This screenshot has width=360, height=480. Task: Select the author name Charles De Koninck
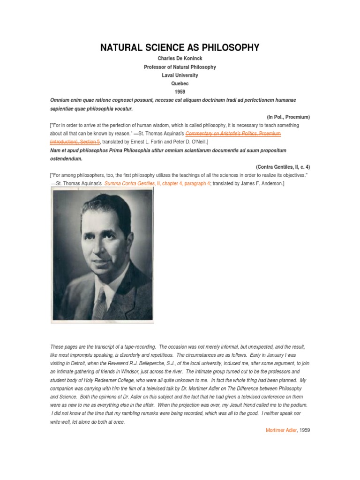[180, 59]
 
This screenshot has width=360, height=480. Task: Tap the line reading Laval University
[180, 75]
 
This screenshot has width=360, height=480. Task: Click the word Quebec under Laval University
[180, 84]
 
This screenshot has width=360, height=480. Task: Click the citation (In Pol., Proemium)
[288, 117]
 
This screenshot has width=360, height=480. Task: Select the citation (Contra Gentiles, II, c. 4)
[283, 167]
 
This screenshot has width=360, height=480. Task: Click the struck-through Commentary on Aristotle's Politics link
[233, 134]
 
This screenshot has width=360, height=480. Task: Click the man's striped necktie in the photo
[100, 305]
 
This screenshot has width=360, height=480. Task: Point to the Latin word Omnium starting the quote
[60, 100]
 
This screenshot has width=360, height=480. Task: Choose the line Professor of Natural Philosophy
[180, 67]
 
